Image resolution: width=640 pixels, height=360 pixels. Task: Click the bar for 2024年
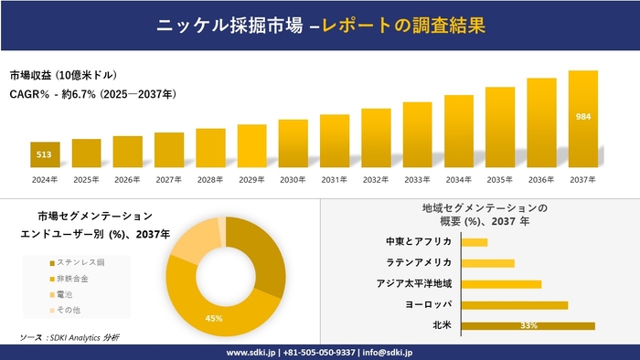pos(45,156)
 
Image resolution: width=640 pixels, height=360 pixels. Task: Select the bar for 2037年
pos(582,121)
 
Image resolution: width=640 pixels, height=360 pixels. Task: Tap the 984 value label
pos(582,117)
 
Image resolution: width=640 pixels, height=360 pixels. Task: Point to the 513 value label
pos(44,155)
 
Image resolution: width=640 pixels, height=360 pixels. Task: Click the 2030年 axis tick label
pos(293,180)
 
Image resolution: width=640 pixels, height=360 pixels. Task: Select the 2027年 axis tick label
pos(169,180)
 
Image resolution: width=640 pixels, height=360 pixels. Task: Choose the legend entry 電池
pos(69,295)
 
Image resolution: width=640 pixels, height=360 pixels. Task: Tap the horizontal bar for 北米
pos(528,325)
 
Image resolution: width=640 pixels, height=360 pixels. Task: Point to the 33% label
pos(528,325)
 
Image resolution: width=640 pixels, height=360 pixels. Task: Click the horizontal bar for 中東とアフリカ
pos(475,242)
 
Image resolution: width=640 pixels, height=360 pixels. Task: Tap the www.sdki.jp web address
pos(251,352)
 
